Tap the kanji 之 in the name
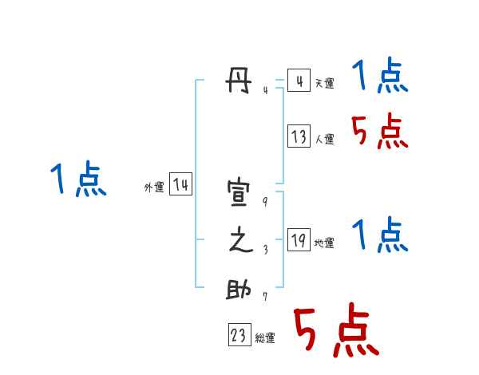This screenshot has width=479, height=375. click(x=241, y=241)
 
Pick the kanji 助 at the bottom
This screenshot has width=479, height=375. click(x=241, y=290)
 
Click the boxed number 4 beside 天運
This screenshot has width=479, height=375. click(x=299, y=81)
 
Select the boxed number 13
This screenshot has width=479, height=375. click(x=299, y=136)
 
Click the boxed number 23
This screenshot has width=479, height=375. click(x=239, y=337)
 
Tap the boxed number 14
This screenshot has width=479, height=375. click(x=181, y=185)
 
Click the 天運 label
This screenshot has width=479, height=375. click(x=324, y=83)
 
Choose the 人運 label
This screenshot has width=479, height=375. click(x=324, y=139)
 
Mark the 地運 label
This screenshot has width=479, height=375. click(x=324, y=243)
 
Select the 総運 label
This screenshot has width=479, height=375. click(x=265, y=338)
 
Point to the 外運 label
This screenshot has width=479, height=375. click(x=154, y=187)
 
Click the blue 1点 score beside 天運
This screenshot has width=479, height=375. click(x=380, y=77)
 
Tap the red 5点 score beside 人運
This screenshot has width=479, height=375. click(x=380, y=132)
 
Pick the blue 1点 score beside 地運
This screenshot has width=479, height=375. click(x=380, y=236)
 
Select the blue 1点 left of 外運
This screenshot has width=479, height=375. click(x=78, y=180)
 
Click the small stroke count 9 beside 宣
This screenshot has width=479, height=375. click(x=264, y=201)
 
